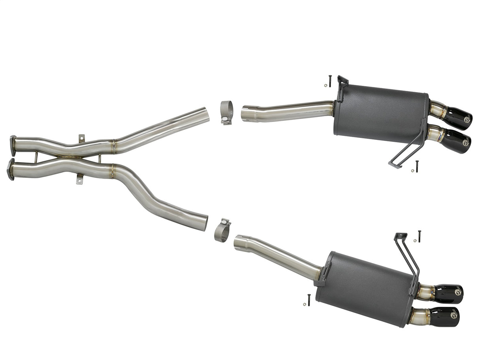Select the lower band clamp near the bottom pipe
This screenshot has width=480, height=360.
[223, 230]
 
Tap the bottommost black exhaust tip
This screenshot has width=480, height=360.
[444, 317]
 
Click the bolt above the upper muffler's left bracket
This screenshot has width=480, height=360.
[330, 81]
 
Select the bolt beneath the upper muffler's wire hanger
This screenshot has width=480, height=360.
[417, 165]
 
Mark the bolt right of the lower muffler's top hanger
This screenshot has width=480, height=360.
[419, 236]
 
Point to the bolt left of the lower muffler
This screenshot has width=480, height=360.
[308, 300]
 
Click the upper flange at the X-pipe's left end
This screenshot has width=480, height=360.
[13, 145]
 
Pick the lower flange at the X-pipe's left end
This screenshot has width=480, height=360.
[11, 169]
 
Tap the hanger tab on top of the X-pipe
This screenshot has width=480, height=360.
[81, 138]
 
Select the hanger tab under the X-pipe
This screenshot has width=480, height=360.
[79, 180]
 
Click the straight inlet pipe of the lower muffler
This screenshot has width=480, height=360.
[277, 255]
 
